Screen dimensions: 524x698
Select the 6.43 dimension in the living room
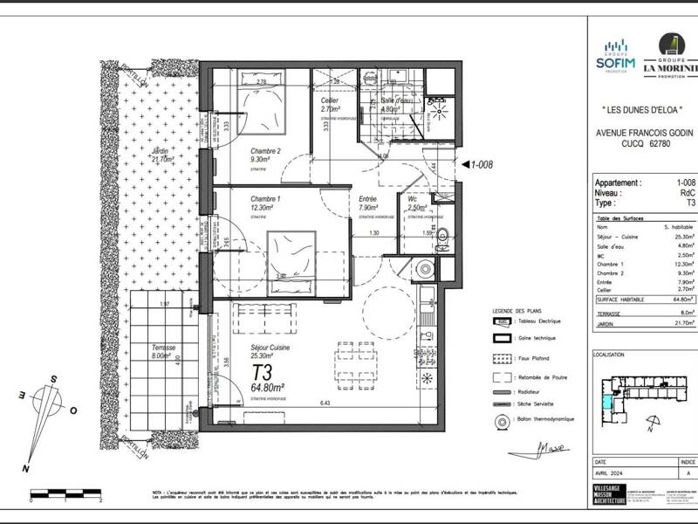coord(325,403)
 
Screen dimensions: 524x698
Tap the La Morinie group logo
coord(672,57)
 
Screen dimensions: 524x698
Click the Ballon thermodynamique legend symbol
coord(502,420)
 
